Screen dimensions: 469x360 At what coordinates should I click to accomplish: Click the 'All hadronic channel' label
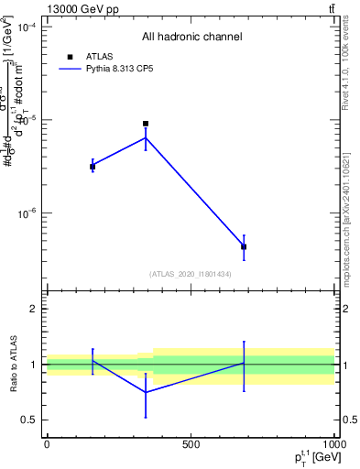coord(191,37)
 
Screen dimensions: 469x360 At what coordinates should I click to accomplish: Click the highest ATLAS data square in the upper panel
coord(146,124)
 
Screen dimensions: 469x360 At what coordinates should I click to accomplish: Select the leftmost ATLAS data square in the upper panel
coord(93,167)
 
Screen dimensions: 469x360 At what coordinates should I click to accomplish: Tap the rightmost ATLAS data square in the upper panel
coord(244,247)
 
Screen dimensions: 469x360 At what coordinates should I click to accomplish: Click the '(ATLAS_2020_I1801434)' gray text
coord(191,274)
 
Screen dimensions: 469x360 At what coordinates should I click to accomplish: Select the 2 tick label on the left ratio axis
coord(33,309)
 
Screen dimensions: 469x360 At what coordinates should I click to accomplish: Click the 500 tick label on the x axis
coord(190,444)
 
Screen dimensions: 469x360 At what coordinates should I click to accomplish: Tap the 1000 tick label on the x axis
coord(333,444)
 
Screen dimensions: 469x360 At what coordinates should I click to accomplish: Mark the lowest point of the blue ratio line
coord(146,392)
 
